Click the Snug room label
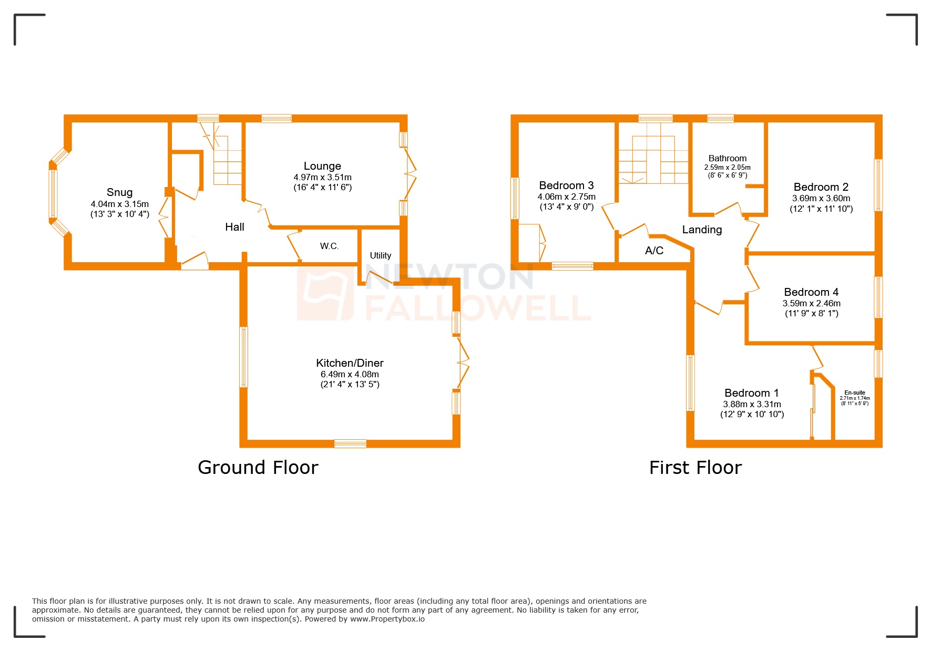(119, 192)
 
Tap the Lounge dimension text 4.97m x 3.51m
(322, 178)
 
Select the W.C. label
(329, 246)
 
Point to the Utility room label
(380, 255)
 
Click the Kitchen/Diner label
(350, 363)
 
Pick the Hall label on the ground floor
(234, 227)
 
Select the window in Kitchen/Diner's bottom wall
(350, 443)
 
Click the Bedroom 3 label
(566, 185)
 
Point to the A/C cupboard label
(654, 251)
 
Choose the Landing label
(702, 230)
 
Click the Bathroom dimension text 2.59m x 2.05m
(727, 167)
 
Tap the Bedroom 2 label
(821, 187)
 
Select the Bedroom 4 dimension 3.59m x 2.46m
(811, 303)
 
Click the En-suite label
(854, 392)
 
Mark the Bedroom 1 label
(751, 393)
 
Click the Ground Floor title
(258, 467)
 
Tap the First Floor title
(695, 467)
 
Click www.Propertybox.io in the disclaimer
(387, 619)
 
